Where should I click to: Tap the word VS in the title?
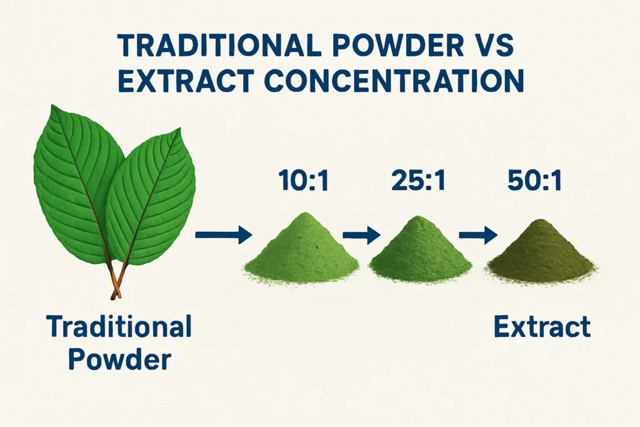496,46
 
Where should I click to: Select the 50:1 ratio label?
535,181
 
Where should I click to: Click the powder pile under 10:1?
301,250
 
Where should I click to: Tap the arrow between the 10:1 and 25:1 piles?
361,235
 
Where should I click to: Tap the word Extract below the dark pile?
541,328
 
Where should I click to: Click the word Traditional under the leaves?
118,328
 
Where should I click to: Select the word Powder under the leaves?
118,360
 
